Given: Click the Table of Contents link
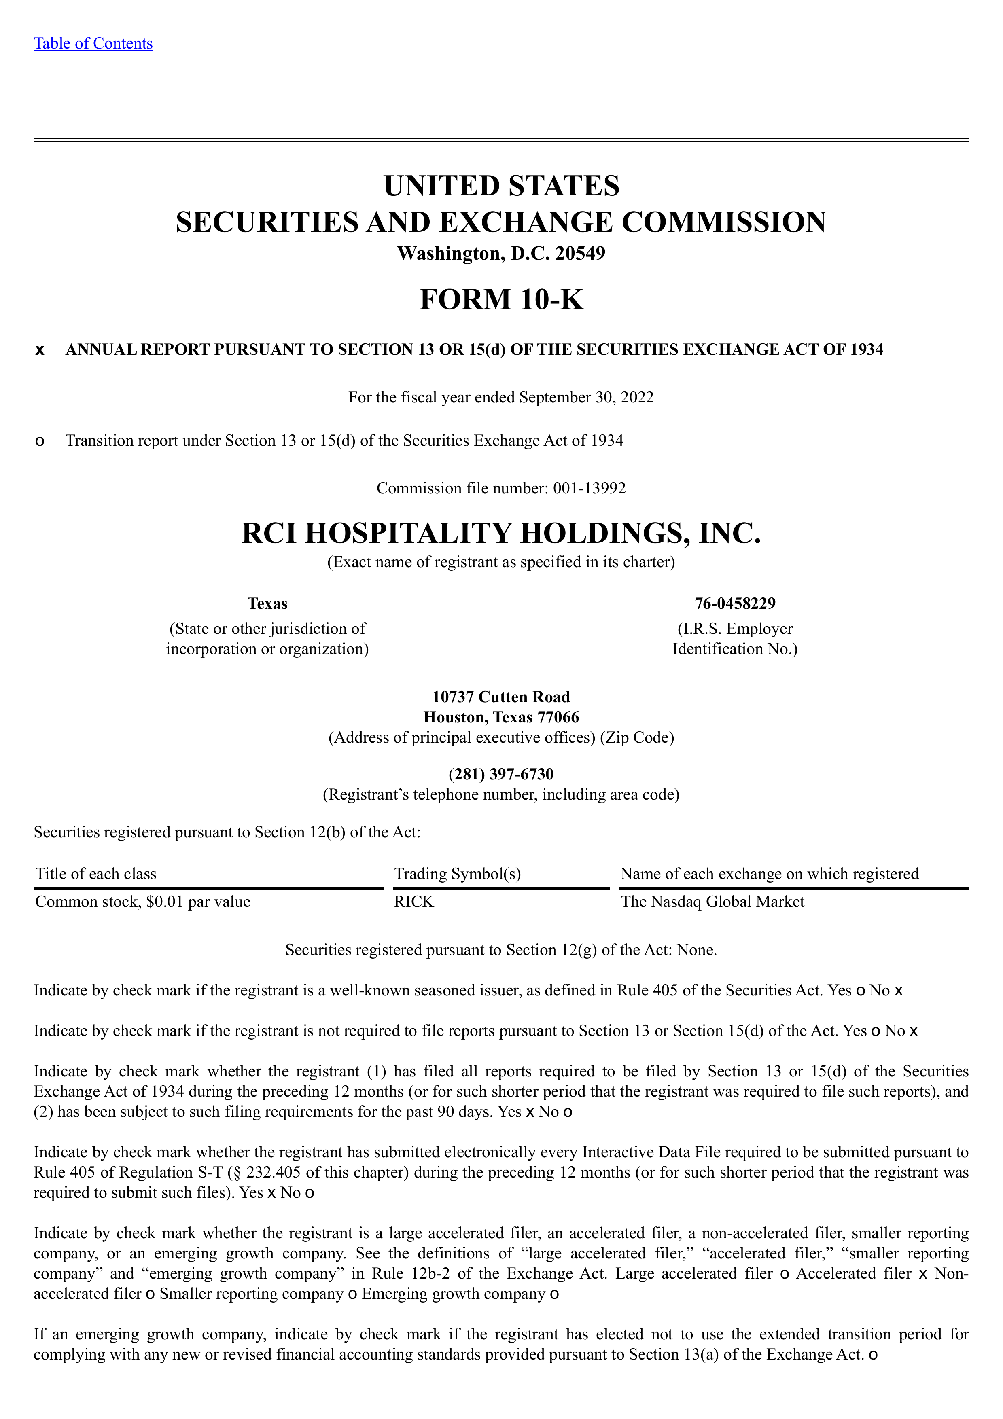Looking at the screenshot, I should pos(93,43).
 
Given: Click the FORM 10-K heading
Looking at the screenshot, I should pos(501,299).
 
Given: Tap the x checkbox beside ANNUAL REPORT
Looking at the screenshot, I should pos(40,350).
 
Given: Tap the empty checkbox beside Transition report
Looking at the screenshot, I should pos(40,441).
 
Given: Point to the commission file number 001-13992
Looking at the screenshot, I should pos(589,488).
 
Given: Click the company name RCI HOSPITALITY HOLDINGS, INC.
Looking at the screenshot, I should pos(501,533).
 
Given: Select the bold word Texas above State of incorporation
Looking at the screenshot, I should pos(267,603).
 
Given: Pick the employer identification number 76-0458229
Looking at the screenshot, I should pos(735,603).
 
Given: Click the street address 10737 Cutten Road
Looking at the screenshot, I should pos(501,697).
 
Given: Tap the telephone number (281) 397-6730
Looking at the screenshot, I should pos(501,774).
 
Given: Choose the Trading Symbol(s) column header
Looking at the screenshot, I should pos(457,873).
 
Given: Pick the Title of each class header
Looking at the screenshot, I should pos(96,873).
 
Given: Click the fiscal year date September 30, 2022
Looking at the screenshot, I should pos(586,397).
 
